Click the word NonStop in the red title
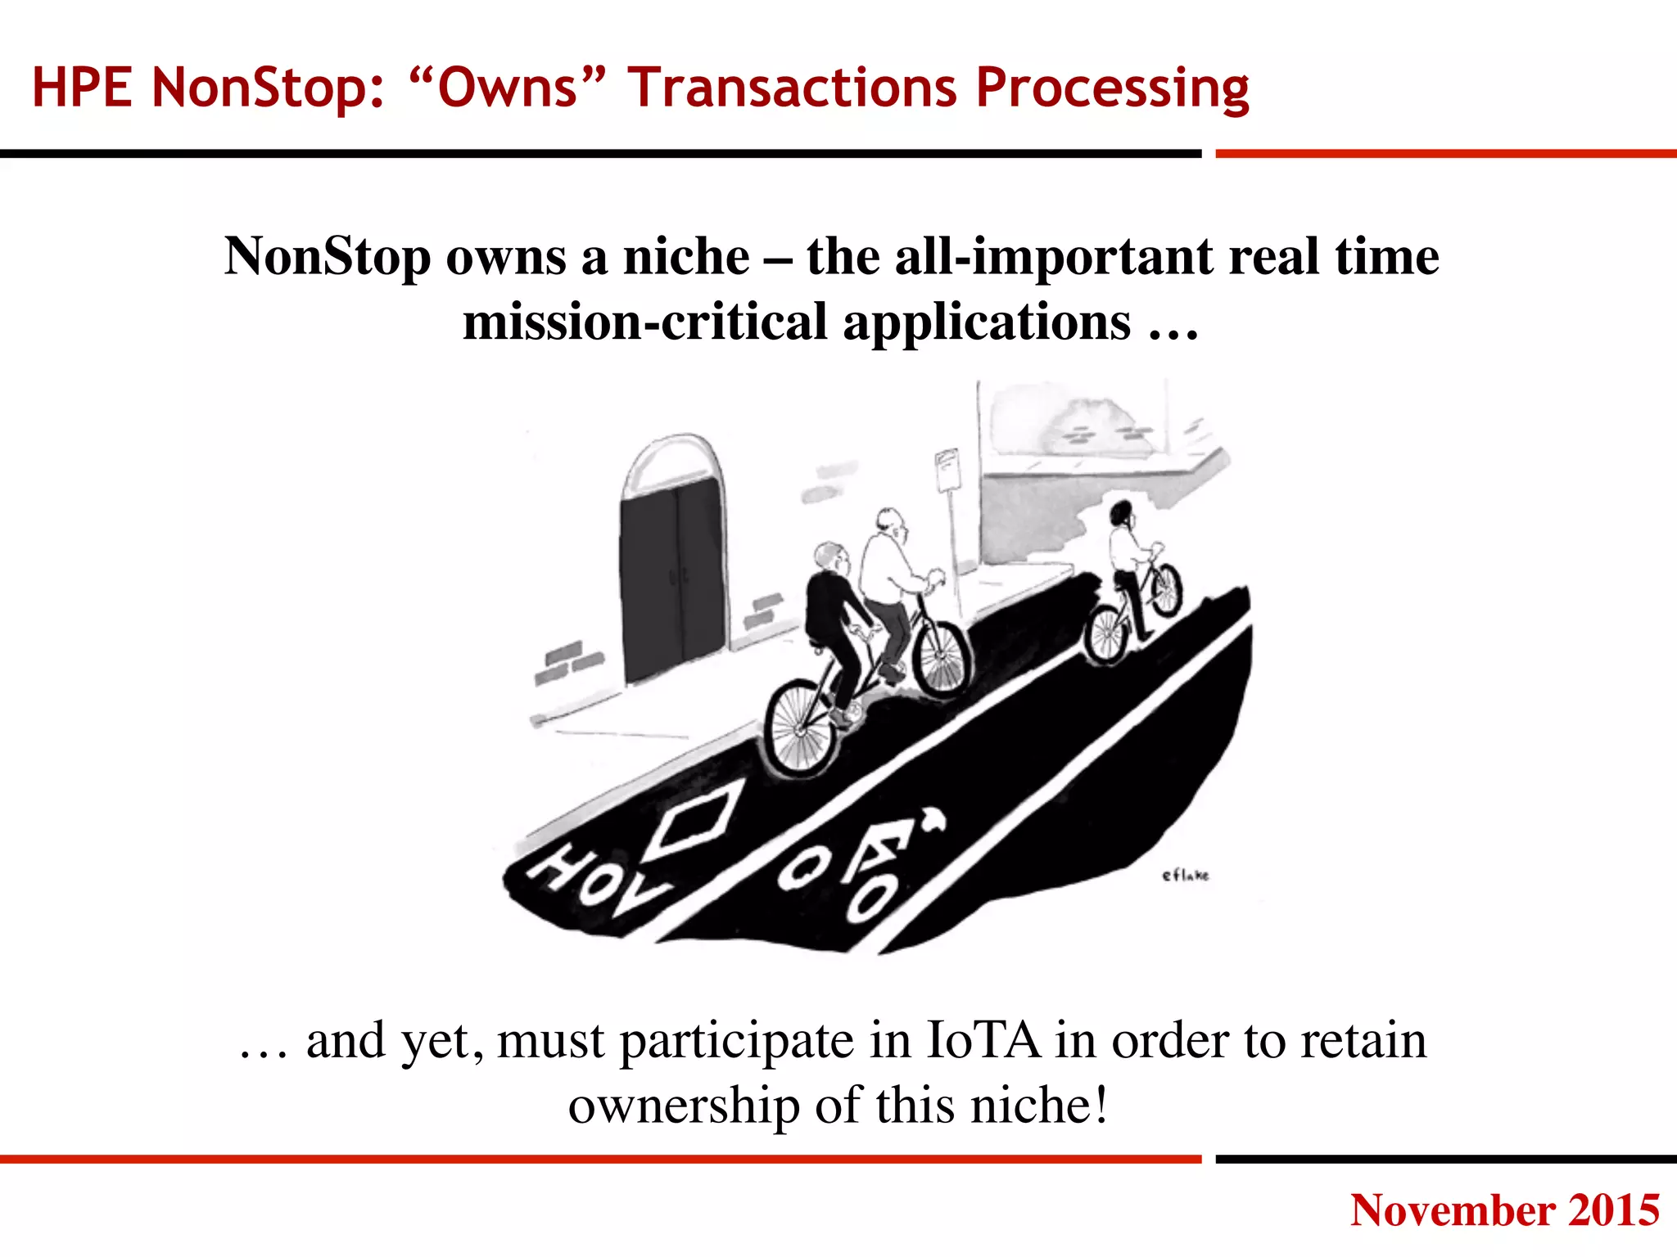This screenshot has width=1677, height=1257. click(x=268, y=88)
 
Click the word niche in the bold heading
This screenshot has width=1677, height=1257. click(x=686, y=256)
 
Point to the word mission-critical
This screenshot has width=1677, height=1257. click(x=645, y=321)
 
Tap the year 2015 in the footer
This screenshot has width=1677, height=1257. click(x=1614, y=1210)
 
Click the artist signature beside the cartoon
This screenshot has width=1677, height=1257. click(x=1185, y=876)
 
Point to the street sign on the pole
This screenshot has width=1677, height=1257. click(x=947, y=470)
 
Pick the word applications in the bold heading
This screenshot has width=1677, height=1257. click(x=987, y=321)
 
